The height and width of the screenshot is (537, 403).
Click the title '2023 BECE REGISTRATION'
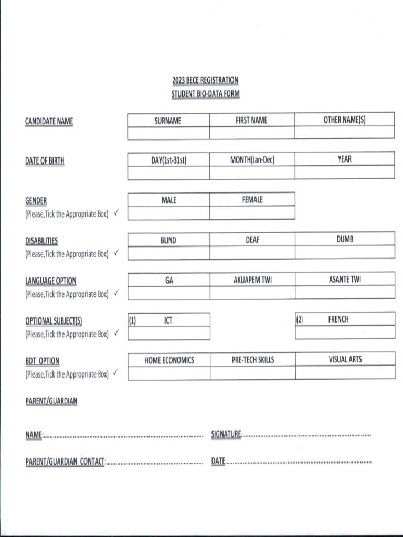205,80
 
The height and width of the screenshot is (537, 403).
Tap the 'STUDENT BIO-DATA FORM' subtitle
205,94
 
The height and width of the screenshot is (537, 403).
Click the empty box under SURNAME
168,133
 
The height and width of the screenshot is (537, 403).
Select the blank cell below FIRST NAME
252,133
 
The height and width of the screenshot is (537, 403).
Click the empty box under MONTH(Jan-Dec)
252,173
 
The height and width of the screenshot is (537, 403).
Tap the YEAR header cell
344,159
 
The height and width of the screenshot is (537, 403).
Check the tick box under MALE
168,213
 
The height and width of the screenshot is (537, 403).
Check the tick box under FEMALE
252,213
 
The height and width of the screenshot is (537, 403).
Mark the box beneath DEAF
252,253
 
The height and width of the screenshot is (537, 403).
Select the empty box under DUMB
344,253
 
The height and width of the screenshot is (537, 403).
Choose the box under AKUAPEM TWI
252,293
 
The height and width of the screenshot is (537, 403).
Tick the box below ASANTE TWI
344,293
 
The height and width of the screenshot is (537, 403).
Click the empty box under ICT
168,333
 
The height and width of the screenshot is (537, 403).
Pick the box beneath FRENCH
344,332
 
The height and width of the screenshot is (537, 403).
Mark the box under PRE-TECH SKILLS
252,373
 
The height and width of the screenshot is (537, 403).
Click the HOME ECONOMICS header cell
168,360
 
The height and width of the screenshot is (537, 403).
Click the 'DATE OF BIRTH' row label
45,161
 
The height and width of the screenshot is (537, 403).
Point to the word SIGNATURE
226,434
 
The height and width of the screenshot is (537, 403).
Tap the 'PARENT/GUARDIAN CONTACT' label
66,462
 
